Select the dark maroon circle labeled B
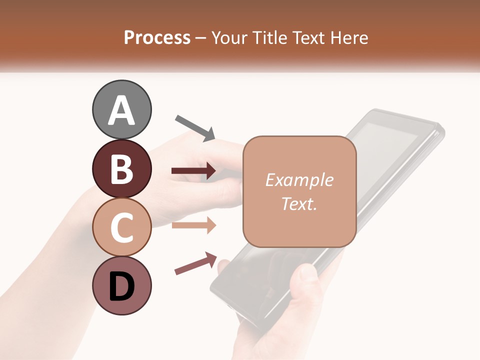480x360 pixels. pyautogui.click(x=121, y=169)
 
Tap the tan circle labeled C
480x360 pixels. pyautogui.click(x=121, y=227)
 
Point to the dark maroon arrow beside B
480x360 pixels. pyautogui.click(x=193, y=171)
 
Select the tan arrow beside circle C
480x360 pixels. pyautogui.click(x=193, y=225)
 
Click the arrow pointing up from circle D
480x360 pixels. pyautogui.click(x=196, y=263)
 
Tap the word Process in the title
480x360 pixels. pyautogui.click(x=157, y=38)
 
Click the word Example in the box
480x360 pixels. pyautogui.click(x=299, y=180)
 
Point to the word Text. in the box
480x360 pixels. pyautogui.click(x=299, y=203)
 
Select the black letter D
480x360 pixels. pyautogui.click(x=121, y=287)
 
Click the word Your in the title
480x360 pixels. pyautogui.click(x=228, y=38)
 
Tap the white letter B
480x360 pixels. pyautogui.click(x=121, y=169)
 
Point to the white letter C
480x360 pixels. pyautogui.click(x=121, y=228)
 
